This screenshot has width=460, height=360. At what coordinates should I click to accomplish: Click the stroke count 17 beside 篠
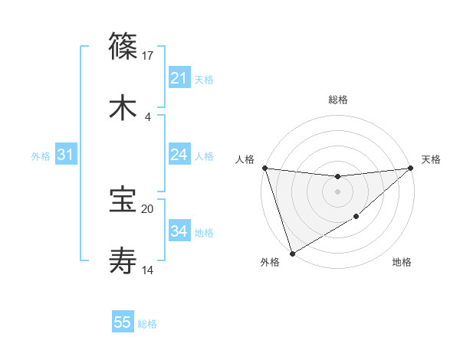(x=148, y=55)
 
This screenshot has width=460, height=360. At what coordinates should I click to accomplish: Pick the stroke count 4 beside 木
(x=148, y=117)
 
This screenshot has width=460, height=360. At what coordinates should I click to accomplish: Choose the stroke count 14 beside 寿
(x=148, y=270)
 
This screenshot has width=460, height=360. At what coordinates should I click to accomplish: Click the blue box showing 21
(x=179, y=78)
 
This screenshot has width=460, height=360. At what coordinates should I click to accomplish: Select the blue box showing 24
(x=179, y=155)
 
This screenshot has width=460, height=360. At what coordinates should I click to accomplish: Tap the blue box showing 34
(x=179, y=231)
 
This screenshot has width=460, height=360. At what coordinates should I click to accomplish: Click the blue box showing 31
(x=65, y=155)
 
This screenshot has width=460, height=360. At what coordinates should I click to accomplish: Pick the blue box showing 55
(x=123, y=322)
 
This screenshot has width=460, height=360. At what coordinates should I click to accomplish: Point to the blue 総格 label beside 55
(x=147, y=324)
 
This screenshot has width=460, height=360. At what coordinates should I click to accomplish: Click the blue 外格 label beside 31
(x=41, y=156)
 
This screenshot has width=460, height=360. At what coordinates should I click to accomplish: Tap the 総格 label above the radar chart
(x=338, y=100)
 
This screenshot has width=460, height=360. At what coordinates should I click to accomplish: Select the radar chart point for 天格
(x=411, y=168)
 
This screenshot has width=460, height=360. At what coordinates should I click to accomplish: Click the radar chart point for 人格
(x=264, y=168)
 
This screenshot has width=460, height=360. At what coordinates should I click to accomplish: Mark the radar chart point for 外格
(x=292, y=253)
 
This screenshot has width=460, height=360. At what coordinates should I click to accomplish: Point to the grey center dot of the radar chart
(x=338, y=191)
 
